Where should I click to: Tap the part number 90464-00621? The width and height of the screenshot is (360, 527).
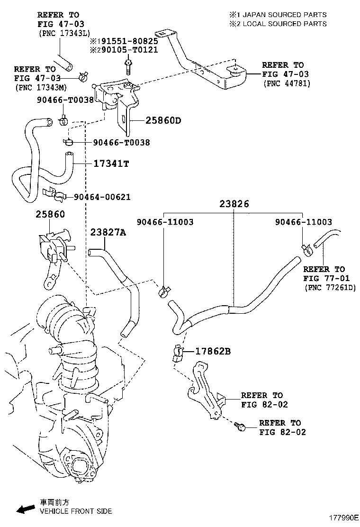click(101, 197)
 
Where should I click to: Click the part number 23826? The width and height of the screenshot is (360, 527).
click(234, 204)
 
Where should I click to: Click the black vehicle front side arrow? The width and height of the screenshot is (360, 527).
click(26, 509)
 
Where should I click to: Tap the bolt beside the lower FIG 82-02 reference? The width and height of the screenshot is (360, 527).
click(240, 427)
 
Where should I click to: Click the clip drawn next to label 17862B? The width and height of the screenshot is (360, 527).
click(177, 353)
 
